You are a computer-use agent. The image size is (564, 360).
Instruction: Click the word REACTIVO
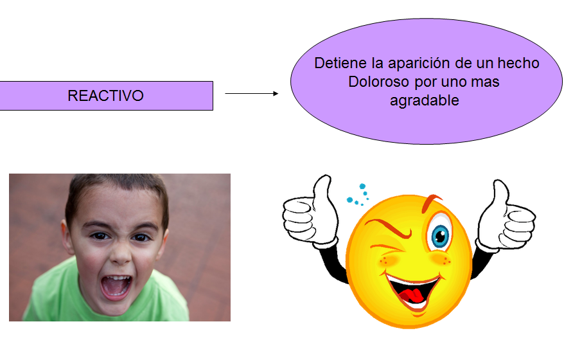pyautogui.click(x=105, y=96)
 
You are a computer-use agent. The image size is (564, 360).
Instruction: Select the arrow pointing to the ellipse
pyautogui.click(x=251, y=94)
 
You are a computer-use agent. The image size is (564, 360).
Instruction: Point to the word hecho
pyautogui.click(x=518, y=63)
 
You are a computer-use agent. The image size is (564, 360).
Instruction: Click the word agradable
pyautogui.click(x=425, y=101)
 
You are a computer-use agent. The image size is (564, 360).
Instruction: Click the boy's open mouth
pyautogui.click(x=116, y=287)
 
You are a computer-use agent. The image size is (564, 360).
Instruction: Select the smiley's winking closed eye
pyautogui.click(x=387, y=248)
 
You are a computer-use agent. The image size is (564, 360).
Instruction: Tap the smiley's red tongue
pyautogui.click(x=412, y=296)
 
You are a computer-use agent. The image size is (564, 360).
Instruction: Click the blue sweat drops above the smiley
pyautogui.click(x=358, y=195)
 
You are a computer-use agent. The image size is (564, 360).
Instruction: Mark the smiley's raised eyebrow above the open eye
pyautogui.click(x=431, y=202)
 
